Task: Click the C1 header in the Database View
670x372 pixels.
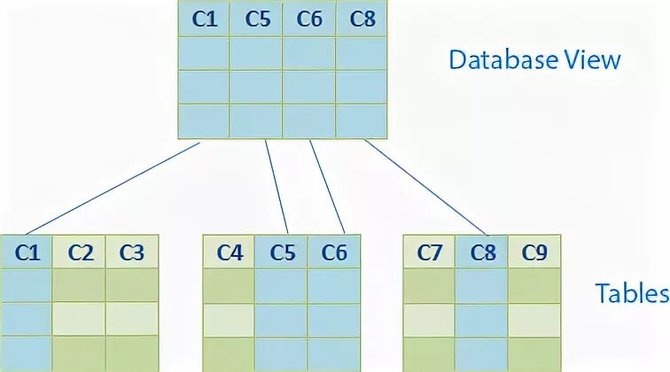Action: tap(204, 19)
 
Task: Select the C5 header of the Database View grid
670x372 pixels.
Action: tap(257, 19)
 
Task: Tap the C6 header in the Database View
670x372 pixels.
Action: tap(309, 19)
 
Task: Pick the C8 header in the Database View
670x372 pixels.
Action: tap(362, 19)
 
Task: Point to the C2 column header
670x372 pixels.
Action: tap(80, 252)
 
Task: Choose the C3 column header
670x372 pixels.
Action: tap(131, 252)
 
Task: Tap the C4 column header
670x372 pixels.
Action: tap(229, 252)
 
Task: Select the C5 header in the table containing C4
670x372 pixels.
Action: tap(282, 252)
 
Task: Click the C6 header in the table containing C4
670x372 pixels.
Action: tap(333, 252)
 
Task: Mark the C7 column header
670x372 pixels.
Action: tap(429, 252)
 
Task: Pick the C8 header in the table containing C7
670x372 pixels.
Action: tap(481, 252)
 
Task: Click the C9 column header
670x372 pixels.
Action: tap(534, 252)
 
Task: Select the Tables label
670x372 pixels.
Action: tap(631, 293)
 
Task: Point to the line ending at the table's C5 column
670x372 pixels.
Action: tap(279, 188)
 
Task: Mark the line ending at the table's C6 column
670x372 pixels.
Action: tap(327, 188)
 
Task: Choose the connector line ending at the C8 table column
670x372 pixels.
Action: tap(425, 188)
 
